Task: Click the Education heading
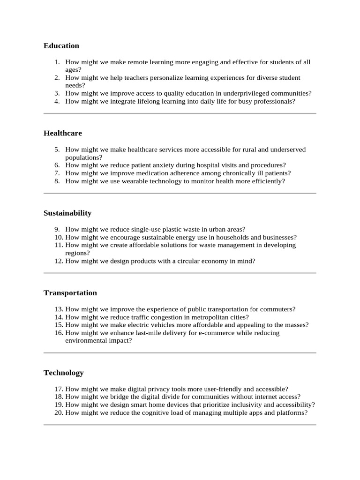(x=61, y=46)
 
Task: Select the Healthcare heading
(x=63, y=133)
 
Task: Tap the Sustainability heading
(x=67, y=213)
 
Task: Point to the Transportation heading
(x=70, y=293)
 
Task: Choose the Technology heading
(x=64, y=373)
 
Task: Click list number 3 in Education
(x=57, y=93)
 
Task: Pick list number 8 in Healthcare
(x=57, y=181)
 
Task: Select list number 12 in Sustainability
(x=58, y=261)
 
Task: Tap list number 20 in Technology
(x=58, y=413)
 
